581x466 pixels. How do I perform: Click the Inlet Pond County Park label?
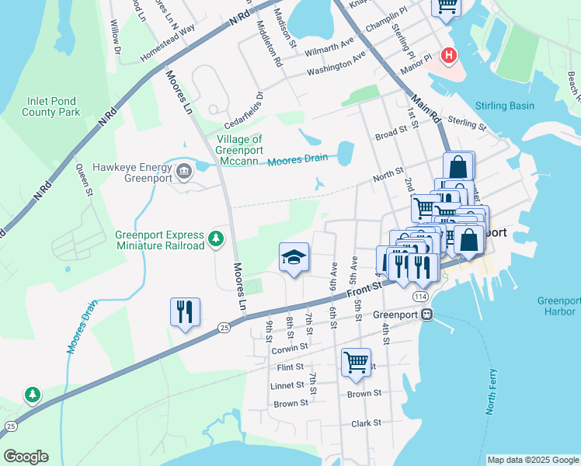tap(52, 106)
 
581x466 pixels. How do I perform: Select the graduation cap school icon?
tap(294, 258)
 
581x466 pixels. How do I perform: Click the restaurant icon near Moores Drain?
tap(185, 312)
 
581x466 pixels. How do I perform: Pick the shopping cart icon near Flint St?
tap(356, 362)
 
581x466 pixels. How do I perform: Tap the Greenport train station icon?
tap(426, 315)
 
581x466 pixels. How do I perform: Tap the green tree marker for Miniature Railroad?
tap(217, 239)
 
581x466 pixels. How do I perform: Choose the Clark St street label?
tap(366, 423)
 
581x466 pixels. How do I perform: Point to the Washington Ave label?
tap(336, 64)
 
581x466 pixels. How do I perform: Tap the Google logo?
tap(25, 457)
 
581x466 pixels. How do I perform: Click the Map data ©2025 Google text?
tap(533, 460)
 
